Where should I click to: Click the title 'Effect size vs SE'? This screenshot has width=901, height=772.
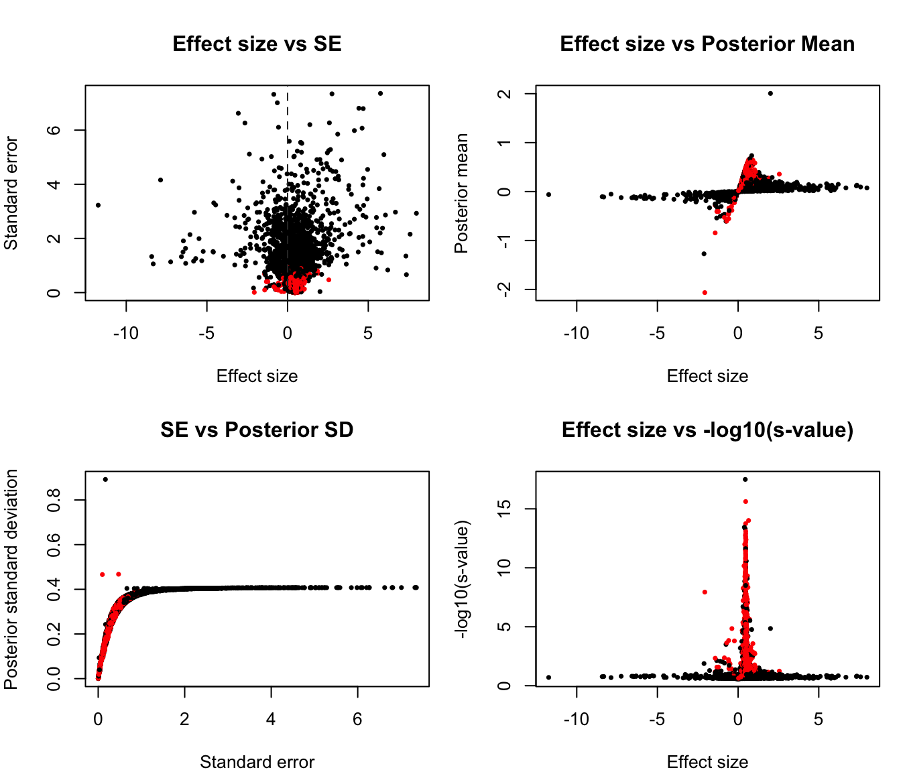click(x=257, y=44)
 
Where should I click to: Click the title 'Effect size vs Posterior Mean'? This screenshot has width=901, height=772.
click(x=707, y=44)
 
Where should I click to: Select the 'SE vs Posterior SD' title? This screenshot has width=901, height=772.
click(x=257, y=430)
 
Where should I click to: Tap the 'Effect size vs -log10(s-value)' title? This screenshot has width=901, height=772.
click(x=707, y=430)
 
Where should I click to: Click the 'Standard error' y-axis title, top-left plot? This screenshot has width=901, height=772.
click(x=11, y=193)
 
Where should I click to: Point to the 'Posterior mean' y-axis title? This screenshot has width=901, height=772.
click(x=461, y=193)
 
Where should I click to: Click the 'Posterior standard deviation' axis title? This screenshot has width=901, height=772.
click(x=11, y=579)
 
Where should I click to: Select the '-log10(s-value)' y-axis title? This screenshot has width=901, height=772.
click(x=461, y=579)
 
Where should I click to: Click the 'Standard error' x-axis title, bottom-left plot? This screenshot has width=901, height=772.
click(x=257, y=762)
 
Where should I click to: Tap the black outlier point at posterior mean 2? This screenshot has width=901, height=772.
click(x=770, y=94)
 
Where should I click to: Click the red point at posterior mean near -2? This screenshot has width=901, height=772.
click(x=705, y=293)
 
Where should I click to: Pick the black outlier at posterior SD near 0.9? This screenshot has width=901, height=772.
click(x=105, y=479)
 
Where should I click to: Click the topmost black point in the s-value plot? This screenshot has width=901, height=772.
click(x=745, y=479)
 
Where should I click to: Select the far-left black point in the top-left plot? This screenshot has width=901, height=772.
click(x=98, y=205)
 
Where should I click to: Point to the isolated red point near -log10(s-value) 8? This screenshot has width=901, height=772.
click(x=705, y=592)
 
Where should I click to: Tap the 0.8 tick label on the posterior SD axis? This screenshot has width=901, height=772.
click(x=54, y=500)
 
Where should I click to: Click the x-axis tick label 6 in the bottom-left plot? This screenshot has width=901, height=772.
click(x=357, y=720)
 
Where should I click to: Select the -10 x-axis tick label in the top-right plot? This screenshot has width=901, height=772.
click(x=576, y=334)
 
